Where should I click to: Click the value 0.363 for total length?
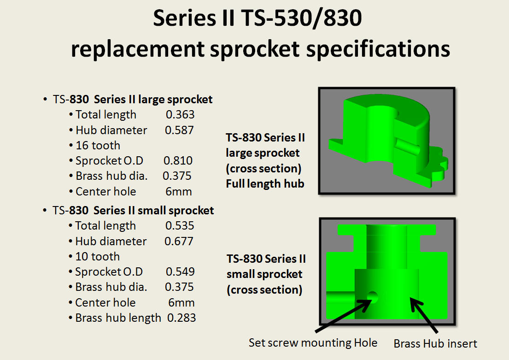click(180, 115)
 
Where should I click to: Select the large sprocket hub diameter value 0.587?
click(179, 130)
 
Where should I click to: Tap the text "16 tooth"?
click(98, 146)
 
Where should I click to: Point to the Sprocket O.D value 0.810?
click(178, 161)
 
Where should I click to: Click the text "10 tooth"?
click(97, 257)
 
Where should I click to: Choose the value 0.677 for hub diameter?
click(179, 242)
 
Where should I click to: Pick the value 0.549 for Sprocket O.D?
click(180, 272)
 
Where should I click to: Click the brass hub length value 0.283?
click(181, 318)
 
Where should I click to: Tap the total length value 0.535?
click(180, 226)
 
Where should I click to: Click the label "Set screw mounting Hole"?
click(313, 343)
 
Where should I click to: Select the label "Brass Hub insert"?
click(435, 344)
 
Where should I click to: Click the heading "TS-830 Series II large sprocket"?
click(133, 100)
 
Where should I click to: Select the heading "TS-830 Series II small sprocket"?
click(133, 211)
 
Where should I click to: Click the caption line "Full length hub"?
click(265, 183)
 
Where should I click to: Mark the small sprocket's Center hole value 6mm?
click(181, 303)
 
